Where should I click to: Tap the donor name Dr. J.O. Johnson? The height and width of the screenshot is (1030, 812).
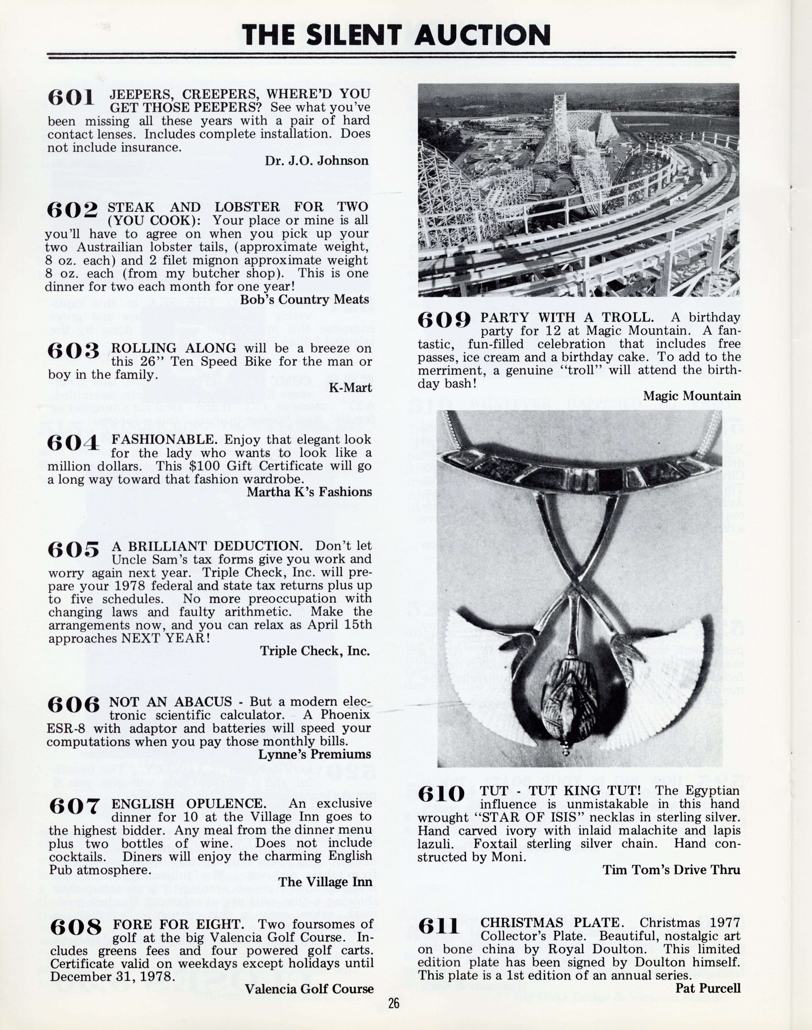point(317,161)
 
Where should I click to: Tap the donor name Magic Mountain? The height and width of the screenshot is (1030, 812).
point(692,396)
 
